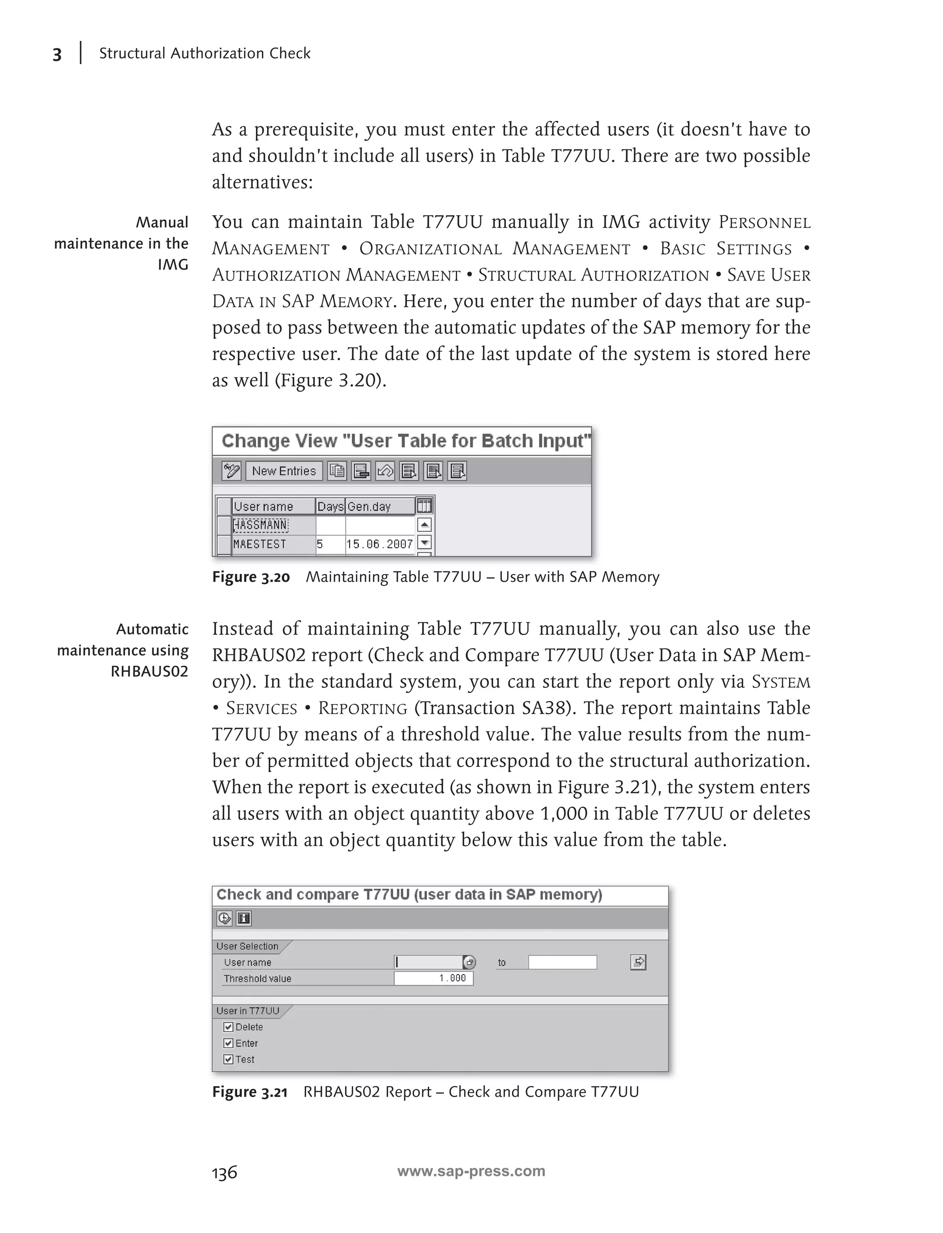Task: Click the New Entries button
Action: pyautogui.click(x=284, y=471)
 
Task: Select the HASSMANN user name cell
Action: pyautogui.click(x=261, y=525)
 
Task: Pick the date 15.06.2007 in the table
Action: pyautogui.click(x=379, y=544)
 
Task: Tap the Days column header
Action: pyautogui.click(x=330, y=506)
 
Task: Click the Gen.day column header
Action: pyautogui.click(x=369, y=506)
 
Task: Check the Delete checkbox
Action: pyautogui.click(x=228, y=1027)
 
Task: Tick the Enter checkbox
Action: pyautogui.click(x=228, y=1043)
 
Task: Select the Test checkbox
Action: pyautogui.click(x=228, y=1059)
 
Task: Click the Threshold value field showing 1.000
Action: pyautogui.click(x=433, y=978)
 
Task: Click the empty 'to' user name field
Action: pyautogui.click(x=562, y=962)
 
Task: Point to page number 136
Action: pyautogui.click(x=225, y=1172)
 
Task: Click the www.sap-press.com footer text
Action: pyautogui.click(x=471, y=1171)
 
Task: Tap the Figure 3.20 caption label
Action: pyautogui.click(x=251, y=577)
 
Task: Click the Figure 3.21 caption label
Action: pyautogui.click(x=250, y=1092)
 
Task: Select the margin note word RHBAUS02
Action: pyautogui.click(x=149, y=671)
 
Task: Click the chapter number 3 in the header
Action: pyautogui.click(x=57, y=54)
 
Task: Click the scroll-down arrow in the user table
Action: pyautogui.click(x=425, y=543)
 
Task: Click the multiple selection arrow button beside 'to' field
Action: pyautogui.click(x=638, y=962)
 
